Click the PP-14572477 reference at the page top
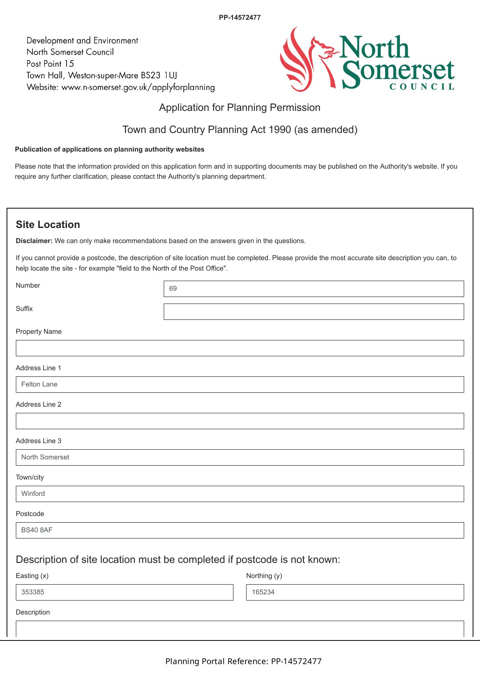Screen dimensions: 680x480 pyautogui.click(x=240, y=17)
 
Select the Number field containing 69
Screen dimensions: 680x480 pyautogui.click(x=314, y=289)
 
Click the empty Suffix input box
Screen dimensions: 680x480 pyautogui.click(x=314, y=312)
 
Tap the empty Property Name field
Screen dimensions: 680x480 pyautogui.click(x=240, y=348)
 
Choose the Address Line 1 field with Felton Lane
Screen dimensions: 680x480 pyautogui.click(x=240, y=385)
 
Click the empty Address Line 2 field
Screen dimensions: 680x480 pyautogui.click(x=240, y=421)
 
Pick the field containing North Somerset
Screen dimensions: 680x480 pyautogui.click(x=240, y=457)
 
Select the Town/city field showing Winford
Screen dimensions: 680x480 pyautogui.click(x=240, y=494)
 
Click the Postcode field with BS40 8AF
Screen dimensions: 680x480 pyautogui.click(x=240, y=530)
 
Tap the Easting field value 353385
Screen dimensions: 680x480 pyautogui.click(x=124, y=592)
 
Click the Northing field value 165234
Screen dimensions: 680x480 pyautogui.click(x=355, y=592)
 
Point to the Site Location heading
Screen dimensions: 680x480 pyautogui.click(x=48, y=225)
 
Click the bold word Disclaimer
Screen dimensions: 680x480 pyautogui.click(x=34, y=241)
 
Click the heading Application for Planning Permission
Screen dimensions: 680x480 pyautogui.click(x=240, y=108)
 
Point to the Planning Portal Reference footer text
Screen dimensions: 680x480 pyautogui.click(x=243, y=661)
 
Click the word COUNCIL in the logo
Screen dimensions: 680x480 pyautogui.click(x=422, y=87)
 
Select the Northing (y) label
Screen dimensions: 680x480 pyautogui.click(x=264, y=576)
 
